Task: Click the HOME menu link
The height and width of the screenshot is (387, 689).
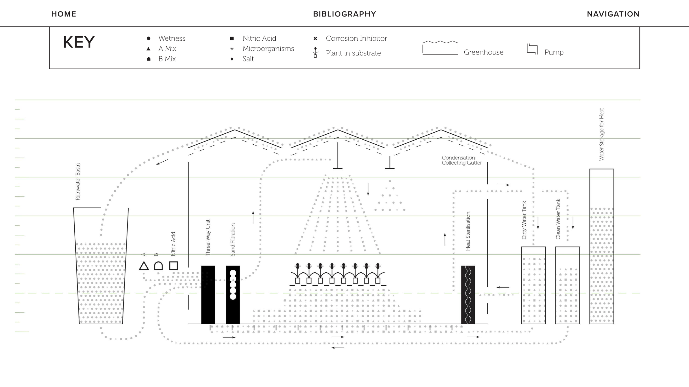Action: click(x=64, y=14)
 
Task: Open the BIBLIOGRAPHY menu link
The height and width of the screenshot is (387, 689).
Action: click(x=344, y=14)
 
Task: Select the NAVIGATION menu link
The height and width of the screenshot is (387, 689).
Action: click(x=613, y=14)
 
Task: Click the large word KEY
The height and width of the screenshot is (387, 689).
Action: click(x=79, y=42)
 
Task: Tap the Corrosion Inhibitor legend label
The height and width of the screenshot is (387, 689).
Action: click(x=356, y=38)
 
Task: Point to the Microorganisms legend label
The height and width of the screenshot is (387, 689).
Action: click(x=268, y=49)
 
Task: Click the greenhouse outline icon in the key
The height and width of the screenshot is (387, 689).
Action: click(x=440, y=48)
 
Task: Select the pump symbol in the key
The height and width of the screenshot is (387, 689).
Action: click(x=532, y=49)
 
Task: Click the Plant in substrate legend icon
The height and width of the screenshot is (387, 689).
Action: click(x=315, y=52)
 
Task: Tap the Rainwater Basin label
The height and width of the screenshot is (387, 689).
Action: click(x=78, y=182)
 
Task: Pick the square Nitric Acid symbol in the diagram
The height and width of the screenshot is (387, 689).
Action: click(x=174, y=266)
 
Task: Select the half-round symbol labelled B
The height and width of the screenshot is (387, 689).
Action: click(x=158, y=266)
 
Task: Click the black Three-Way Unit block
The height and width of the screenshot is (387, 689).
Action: click(x=208, y=294)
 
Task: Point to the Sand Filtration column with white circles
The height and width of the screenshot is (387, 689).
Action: click(x=233, y=294)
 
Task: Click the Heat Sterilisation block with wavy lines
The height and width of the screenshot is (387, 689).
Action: click(x=468, y=294)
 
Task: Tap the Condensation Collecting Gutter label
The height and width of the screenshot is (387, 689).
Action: click(x=462, y=160)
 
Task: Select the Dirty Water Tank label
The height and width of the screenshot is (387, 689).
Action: click(x=524, y=220)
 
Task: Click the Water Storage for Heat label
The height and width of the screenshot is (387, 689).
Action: click(x=601, y=134)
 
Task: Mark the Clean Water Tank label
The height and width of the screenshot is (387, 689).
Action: click(x=558, y=219)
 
